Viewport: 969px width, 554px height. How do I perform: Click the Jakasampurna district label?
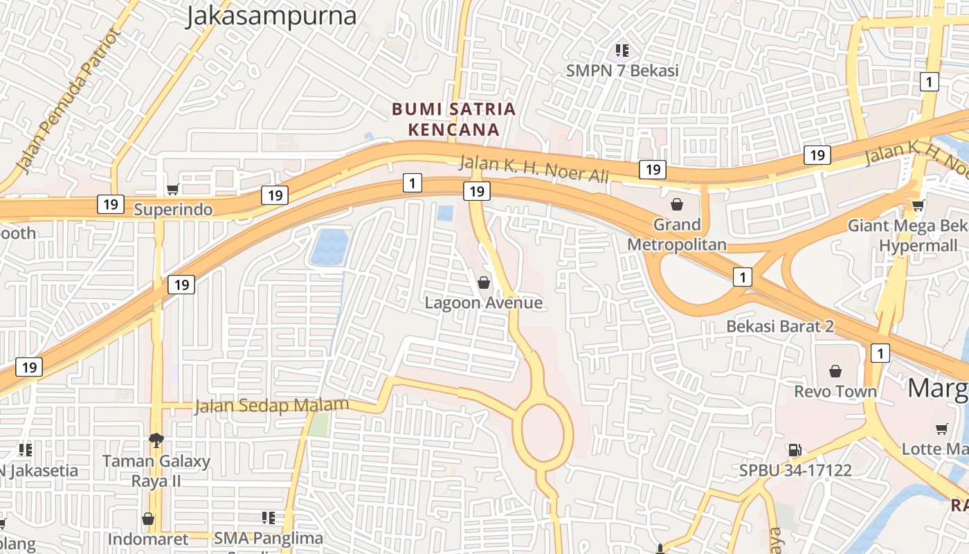(271, 16)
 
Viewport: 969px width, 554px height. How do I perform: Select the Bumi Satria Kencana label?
(453, 119)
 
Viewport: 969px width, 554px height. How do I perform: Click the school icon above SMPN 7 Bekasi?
(622, 50)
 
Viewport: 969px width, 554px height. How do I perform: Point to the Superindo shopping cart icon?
(173, 189)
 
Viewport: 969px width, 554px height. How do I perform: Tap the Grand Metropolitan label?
(677, 234)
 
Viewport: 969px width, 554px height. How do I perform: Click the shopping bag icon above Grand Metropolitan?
(677, 204)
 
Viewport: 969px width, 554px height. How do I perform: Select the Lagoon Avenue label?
(483, 303)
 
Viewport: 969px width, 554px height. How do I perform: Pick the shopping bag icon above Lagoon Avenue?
(484, 283)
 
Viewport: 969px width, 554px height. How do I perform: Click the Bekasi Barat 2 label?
(779, 326)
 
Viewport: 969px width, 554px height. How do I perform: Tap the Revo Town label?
(835, 391)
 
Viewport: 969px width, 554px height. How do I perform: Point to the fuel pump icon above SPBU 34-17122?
(795, 450)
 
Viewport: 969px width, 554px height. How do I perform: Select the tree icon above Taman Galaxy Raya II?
(156, 440)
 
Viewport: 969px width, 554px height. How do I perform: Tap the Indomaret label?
(147, 539)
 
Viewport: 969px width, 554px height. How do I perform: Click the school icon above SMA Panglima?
(269, 518)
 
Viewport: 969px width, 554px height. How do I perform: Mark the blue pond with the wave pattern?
(329, 247)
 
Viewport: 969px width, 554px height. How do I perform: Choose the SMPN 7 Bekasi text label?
(622, 71)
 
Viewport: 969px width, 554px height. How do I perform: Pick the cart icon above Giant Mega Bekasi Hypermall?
(918, 205)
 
